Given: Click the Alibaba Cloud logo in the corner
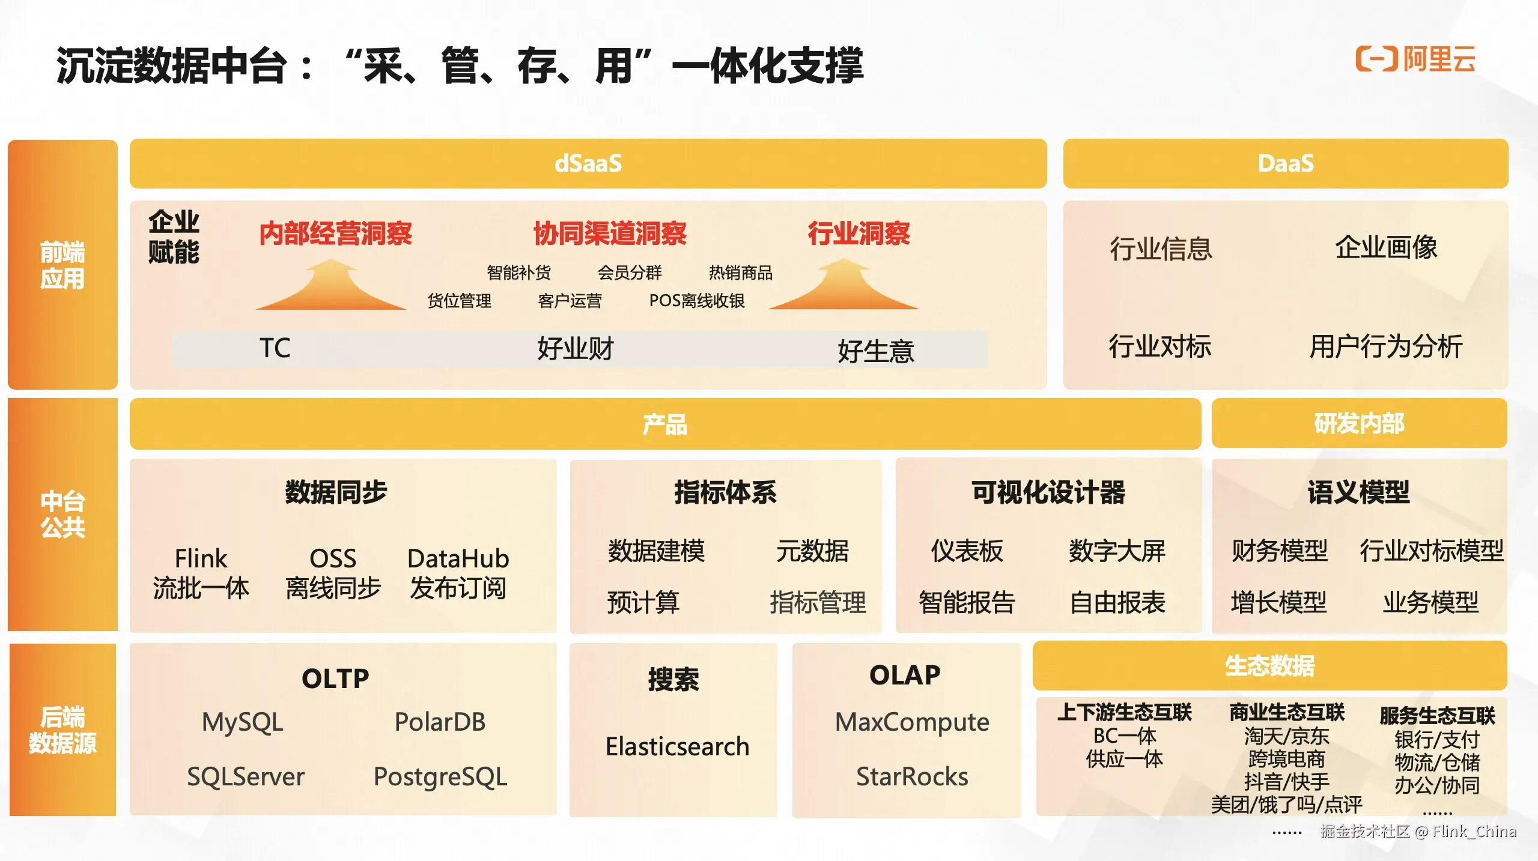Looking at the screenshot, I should click(1415, 59).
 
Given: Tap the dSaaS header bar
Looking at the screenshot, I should click(588, 163).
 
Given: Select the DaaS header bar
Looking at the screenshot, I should click(1285, 163).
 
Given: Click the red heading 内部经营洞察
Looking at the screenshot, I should click(335, 233).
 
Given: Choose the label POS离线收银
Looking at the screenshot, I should click(696, 300).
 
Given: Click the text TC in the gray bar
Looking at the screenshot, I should click(275, 348).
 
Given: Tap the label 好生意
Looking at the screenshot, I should click(875, 351).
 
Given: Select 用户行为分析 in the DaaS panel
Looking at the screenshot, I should click(1385, 346).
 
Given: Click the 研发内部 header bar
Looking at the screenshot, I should click(1358, 423).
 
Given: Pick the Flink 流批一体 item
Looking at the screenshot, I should click(201, 573).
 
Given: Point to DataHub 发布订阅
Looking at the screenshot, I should click(458, 573).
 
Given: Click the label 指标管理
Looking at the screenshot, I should click(818, 602).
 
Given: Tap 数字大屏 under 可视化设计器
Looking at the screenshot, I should click(1116, 551).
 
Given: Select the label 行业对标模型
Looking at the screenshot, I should click(1431, 551).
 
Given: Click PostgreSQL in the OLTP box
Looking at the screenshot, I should click(440, 776).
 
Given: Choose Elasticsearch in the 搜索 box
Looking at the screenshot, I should click(677, 746).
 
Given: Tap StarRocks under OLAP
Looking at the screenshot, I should click(911, 776).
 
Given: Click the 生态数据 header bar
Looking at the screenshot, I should click(1269, 666).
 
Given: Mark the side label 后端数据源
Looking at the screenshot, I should click(62, 730).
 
